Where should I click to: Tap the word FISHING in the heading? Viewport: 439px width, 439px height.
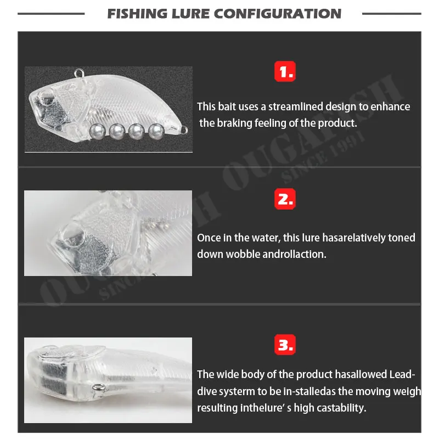[137, 14]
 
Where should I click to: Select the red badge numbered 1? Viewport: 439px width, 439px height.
[285, 71]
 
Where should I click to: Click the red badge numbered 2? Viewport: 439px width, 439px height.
[285, 199]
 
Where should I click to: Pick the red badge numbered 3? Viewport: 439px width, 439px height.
[285, 345]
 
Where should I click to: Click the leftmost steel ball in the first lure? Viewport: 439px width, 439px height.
[97, 131]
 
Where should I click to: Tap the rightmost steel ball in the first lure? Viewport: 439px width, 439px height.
[156, 131]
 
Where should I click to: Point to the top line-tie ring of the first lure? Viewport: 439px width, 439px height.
[78, 74]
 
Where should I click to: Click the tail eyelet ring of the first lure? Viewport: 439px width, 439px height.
[184, 130]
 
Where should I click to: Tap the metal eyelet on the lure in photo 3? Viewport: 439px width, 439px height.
[99, 388]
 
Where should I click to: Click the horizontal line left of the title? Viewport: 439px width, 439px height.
[51, 13]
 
